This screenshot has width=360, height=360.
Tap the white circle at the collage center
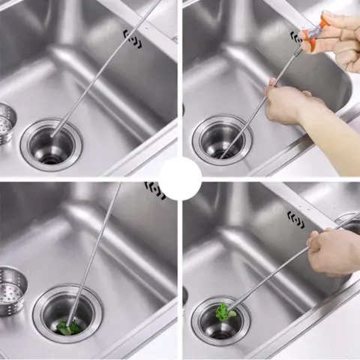(x=180, y=180)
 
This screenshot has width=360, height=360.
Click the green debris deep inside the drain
(x=69, y=327)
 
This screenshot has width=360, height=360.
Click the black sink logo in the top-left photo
(x=132, y=40)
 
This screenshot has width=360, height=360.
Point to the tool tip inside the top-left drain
(x=55, y=135)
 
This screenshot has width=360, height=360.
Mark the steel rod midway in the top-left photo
(x=105, y=71)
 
